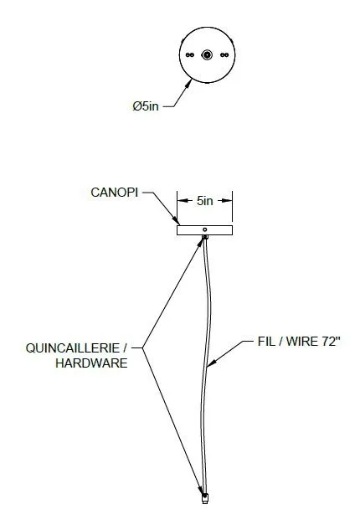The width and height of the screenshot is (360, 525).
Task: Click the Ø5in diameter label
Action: pos(146,106)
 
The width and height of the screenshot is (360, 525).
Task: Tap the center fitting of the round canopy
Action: pos(207,55)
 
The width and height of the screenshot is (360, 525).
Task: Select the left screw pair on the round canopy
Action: pos(190,55)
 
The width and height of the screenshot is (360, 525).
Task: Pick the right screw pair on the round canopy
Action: pos(224,55)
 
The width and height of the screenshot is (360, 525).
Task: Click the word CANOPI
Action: pos(114,193)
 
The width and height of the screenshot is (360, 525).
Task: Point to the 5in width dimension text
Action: pos(204,201)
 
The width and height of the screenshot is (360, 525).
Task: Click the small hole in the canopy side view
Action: pos(205,229)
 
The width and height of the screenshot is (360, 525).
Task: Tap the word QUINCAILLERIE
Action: pos(73,348)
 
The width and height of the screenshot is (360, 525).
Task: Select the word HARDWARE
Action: pos(91,363)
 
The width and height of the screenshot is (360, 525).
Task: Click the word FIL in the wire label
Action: pos(265,342)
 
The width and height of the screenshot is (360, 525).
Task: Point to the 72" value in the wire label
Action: pos(331,342)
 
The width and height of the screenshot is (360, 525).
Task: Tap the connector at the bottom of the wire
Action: pos(204,498)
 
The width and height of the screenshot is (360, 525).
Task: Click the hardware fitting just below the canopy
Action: pos(205,238)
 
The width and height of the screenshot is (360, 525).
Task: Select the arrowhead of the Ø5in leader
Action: pos(188,84)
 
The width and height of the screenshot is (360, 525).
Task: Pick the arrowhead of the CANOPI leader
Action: pos(176,220)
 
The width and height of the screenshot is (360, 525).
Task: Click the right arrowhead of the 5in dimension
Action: pos(227,201)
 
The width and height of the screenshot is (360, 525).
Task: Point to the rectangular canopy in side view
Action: pos(204,230)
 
